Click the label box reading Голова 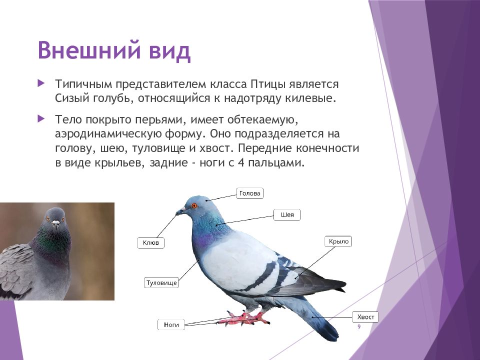[250, 193]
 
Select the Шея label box [287, 215]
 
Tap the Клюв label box [151, 243]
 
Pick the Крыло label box [338, 241]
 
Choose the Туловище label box [161, 282]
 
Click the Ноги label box [171, 324]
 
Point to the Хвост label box [365, 317]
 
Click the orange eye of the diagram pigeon [194, 205]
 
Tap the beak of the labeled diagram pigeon [180, 211]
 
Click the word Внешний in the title [89, 50]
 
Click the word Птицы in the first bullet [268, 84]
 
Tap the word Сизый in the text [72, 98]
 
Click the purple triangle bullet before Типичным [41, 83]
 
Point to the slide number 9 [359, 327]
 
